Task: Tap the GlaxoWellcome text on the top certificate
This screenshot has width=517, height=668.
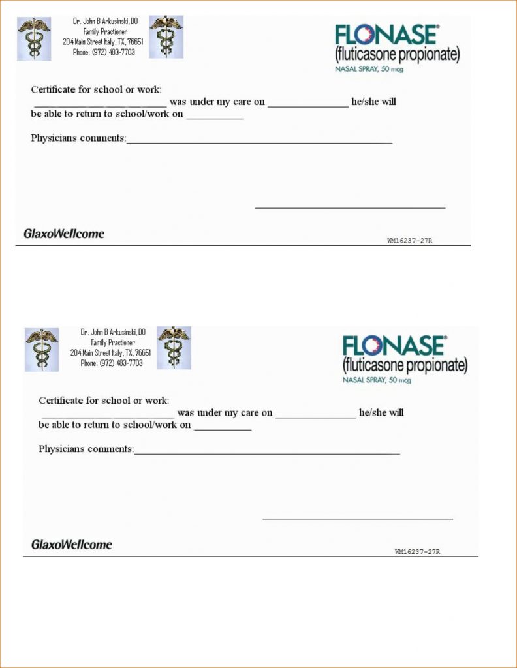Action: tap(64, 233)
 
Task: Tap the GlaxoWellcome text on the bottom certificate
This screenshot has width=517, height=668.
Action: tap(72, 544)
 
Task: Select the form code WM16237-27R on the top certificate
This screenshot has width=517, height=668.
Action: tap(410, 241)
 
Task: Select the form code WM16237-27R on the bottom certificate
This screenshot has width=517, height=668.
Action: tap(418, 552)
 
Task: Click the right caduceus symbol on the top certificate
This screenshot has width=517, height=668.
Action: tap(166, 37)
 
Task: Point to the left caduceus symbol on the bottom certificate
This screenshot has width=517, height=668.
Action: tap(42, 350)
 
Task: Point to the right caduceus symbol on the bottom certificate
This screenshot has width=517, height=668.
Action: tap(174, 348)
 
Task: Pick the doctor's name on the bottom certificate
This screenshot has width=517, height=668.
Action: tap(113, 332)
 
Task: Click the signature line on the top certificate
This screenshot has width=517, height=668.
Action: tap(350, 207)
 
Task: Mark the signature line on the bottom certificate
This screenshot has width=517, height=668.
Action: tap(358, 518)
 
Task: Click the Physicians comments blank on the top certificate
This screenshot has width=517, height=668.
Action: tap(259, 141)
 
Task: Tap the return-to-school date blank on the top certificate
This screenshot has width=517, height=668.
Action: tap(215, 117)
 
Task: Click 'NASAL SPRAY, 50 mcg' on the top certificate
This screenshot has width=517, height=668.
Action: tap(369, 68)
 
